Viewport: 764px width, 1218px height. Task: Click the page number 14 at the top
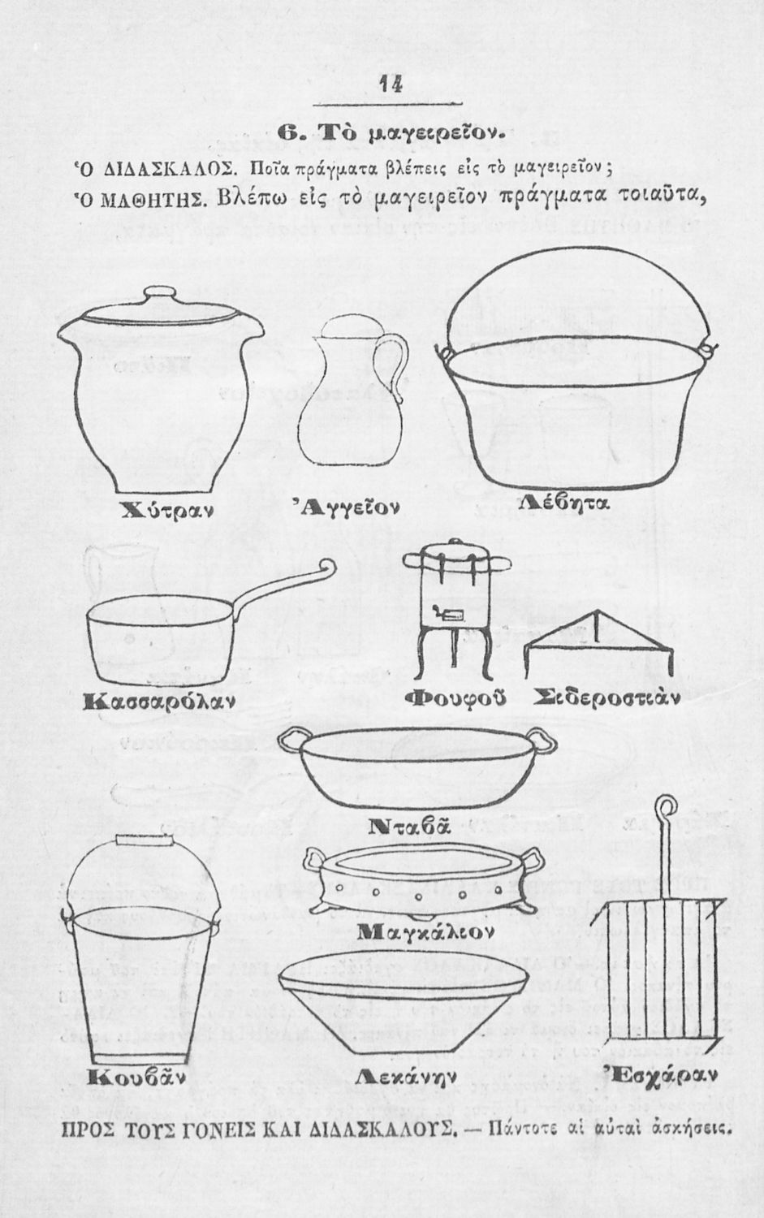[391, 84]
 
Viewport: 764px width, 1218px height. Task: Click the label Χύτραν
[167, 509]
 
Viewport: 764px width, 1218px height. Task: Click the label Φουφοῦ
[455, 698]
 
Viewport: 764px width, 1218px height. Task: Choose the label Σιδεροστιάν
[606, 696]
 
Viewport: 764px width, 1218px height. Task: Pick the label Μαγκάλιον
[425, 932]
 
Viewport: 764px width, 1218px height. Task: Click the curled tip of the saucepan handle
[328, 566]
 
